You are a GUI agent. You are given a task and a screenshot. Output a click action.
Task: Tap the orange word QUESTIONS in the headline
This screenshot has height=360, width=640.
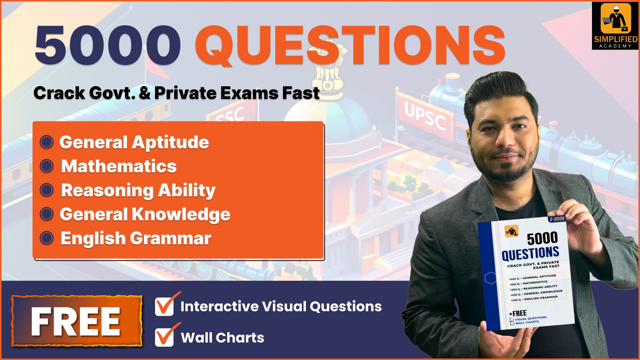coord(350,46)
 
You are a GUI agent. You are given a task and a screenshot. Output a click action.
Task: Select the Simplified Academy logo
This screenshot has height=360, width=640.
coord(615,26)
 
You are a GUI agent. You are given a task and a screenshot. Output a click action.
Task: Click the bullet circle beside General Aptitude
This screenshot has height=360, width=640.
coord(47,142)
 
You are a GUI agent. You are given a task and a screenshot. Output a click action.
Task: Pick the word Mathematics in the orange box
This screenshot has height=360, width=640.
coord(119,166)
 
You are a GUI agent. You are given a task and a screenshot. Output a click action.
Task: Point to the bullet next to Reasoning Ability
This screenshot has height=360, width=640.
coord(47,190)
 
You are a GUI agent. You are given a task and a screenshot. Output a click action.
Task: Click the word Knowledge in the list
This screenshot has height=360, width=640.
coord(181,214)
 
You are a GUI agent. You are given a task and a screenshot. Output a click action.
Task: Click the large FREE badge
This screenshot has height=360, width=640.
coord(77,321)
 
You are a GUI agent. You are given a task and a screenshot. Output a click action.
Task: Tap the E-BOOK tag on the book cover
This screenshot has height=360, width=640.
coord(557,219)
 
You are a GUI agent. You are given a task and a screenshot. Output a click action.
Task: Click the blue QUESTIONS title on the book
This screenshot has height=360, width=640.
coord(530,254)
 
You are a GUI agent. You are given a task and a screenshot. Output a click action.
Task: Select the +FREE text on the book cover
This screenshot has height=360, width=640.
coord(518,313)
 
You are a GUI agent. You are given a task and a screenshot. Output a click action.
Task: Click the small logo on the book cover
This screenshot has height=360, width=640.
coord(511,231)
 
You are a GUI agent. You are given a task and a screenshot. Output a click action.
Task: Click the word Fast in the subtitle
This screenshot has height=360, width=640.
coord(301,93)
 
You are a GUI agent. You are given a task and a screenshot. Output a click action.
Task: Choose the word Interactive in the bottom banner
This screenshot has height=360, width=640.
coord(219,306)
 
